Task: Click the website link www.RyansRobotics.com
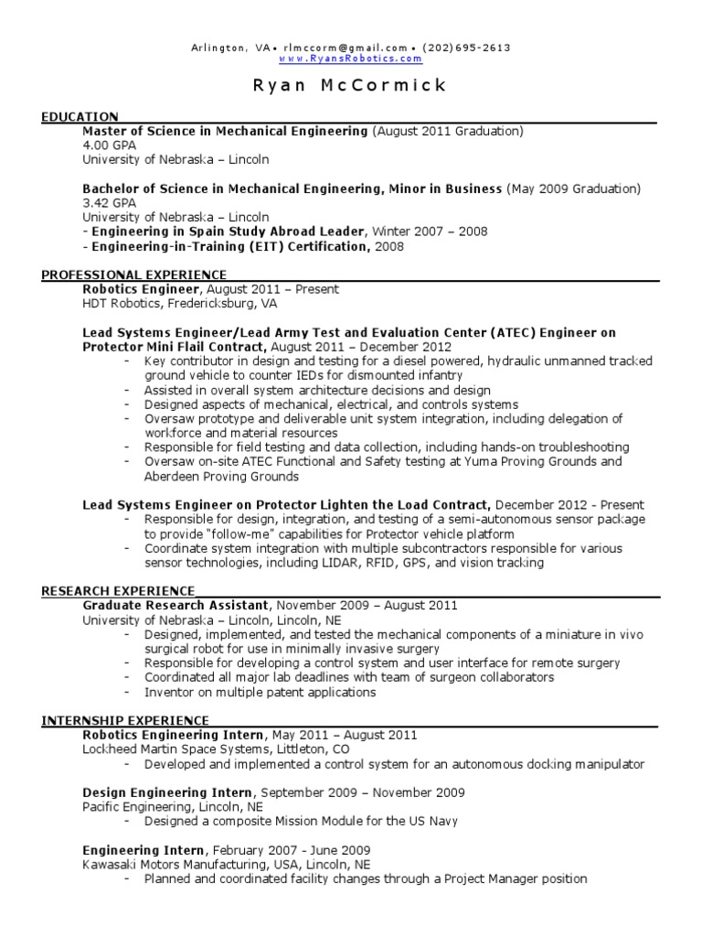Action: click(350, 59)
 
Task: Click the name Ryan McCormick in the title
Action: click(350, 86)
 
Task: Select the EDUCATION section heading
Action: click(80, 116)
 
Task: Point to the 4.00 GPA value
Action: click(109, 145)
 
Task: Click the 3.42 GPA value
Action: click(109, 203)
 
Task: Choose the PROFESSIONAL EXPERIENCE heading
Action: click(134, 275)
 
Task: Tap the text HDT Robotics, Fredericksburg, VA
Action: click(180, 304)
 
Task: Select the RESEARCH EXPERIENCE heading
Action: click(118, 591)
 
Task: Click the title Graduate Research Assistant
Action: click(176, 606)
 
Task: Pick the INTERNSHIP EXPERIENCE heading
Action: click(125, 721)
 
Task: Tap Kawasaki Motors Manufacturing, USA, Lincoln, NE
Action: click(227, 865)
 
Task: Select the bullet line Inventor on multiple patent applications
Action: click(260, 693)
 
